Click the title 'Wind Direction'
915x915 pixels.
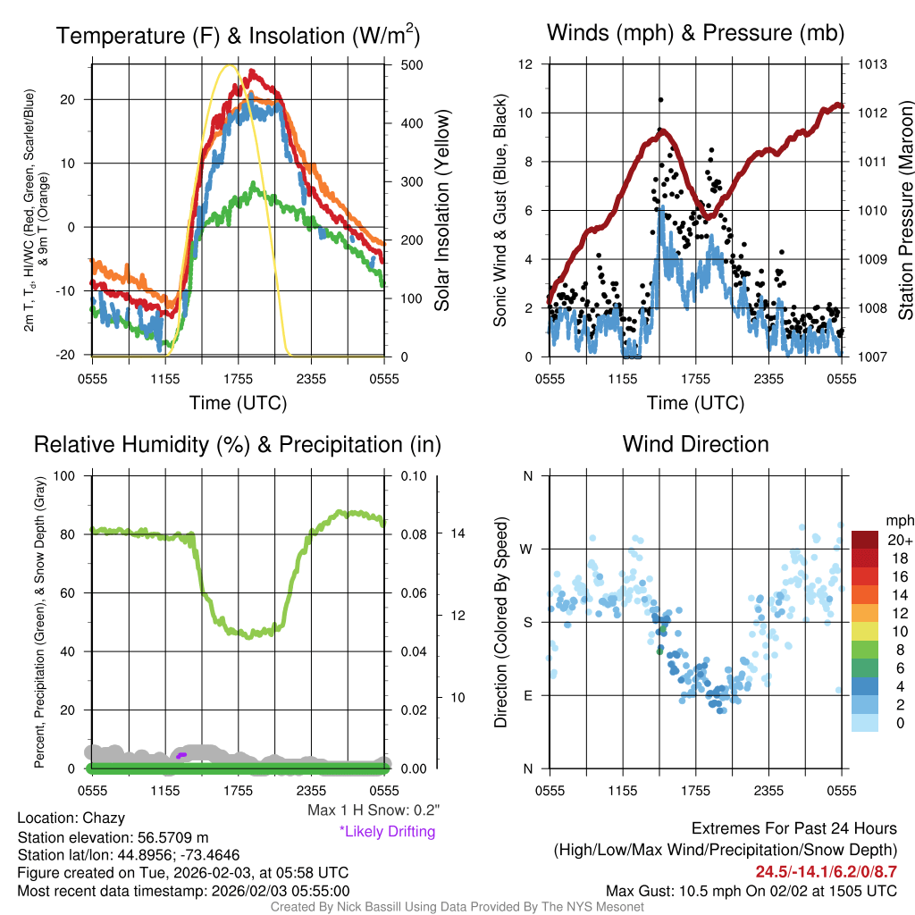(695, 444)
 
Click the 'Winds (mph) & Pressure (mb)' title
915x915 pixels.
(695, 34)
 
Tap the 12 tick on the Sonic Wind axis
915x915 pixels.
(526, 65)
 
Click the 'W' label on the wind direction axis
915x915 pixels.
(528, 549)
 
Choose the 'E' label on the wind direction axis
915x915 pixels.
(528, 695)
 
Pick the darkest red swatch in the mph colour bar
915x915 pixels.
(865, 540)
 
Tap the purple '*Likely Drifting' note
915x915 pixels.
(387, 832)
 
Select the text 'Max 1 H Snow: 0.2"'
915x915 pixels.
(374, 810)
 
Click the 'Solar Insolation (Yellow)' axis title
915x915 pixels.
(442, 210)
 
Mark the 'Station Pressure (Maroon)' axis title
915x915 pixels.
(903, 210)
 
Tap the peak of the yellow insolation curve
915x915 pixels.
(230, 65)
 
